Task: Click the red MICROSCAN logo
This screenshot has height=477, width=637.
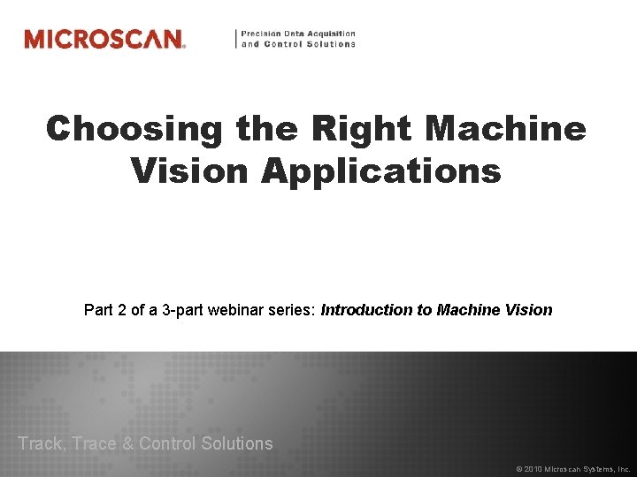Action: (104, 39)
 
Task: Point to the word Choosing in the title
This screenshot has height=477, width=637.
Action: (135, 129)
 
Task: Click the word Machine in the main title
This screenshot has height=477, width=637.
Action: (506, 129)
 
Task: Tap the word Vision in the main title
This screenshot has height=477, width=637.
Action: (191, 170)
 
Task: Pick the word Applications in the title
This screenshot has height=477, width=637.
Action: (381, 170)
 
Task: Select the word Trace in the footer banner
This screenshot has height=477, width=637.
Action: (93, 443)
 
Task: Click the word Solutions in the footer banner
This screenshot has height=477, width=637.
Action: (236, 443)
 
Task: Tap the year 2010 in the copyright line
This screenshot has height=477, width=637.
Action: (533, 469)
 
